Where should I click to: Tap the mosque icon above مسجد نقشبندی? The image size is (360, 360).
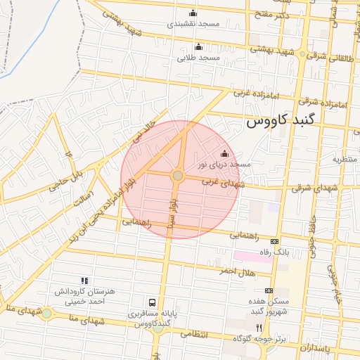click(x=193, y=13)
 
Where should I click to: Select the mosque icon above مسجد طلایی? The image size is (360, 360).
click(x=198, y=48)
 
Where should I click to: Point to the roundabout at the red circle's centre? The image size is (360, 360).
click(x=179, y=176)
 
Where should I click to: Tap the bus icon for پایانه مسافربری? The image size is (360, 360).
click(x=152, y=302)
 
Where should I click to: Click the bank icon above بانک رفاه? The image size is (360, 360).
click(x=274, y=241)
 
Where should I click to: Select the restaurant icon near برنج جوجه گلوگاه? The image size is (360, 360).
click(x=259, y=328)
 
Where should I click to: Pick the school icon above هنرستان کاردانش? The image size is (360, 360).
click(x=84, y=281)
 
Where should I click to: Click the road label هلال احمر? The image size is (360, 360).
click(x=236, y=271)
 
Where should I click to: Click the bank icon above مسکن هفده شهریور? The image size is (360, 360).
click(x=269, y=290)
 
